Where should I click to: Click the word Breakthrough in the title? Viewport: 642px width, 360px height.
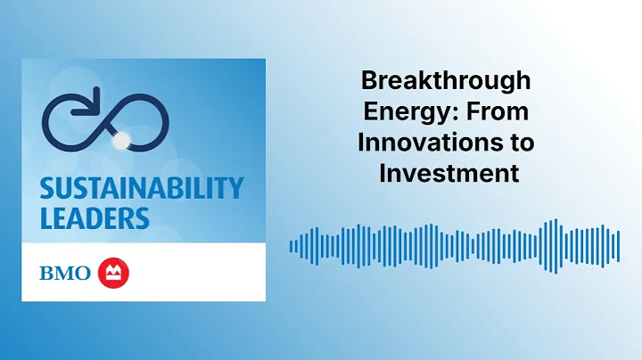click(445, 81)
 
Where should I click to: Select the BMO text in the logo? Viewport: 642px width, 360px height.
click(64, 273)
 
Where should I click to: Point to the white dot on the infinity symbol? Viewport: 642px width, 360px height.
click(123, 139)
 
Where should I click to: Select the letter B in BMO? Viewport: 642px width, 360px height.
click(46, 273)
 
